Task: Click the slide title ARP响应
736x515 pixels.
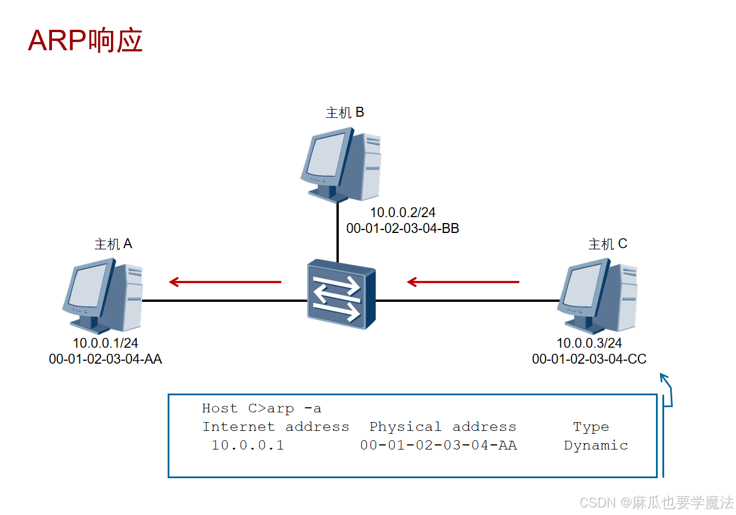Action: [85, 41]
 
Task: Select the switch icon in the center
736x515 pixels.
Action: [342, 295]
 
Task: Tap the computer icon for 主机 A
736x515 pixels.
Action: [103, 297]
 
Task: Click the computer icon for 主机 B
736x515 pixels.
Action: [341, 165]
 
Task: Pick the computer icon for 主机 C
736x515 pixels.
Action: [598, 297]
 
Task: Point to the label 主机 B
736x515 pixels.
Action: [345, 112]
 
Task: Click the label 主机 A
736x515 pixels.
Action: [113, 243]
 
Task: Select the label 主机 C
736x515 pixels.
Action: [607, 243]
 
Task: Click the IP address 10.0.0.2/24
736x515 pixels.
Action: [402, 213]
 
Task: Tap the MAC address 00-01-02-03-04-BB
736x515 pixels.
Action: [402, 228]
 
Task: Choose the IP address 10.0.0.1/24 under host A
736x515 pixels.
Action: [105, 343]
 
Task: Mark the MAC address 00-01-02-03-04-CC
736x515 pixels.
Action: [589, 359]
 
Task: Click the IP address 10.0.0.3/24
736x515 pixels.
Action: [589, 343]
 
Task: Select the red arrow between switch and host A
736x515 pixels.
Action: [225, 282]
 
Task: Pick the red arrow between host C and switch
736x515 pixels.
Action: [463, 282]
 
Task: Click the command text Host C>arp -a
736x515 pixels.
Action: [261, 408]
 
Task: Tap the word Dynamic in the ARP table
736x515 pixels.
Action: [596, 446]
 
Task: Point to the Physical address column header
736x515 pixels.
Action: [442, 427]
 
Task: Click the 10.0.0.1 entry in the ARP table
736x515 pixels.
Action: [247, 446]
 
